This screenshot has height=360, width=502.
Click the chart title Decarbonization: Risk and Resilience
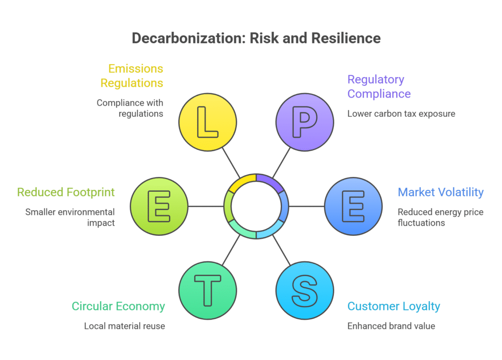(256, 39)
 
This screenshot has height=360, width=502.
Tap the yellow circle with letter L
(207, 121)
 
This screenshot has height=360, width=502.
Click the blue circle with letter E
(353, 206)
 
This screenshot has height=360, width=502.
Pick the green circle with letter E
(159, 206)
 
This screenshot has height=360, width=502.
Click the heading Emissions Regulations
(132, 76)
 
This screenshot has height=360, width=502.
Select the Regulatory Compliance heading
(378, 86)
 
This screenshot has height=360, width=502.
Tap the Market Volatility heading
(440, 192)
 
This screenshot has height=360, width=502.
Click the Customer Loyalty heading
(394, 307)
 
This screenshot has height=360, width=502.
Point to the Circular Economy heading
(118, 307)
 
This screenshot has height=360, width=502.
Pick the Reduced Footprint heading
(66, 192)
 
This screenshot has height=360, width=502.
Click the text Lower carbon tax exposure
(401, 114)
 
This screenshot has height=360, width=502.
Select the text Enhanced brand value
(391, 326)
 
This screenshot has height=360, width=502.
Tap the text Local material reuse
(125, 326)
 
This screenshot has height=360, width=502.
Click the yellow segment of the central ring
(241, 180)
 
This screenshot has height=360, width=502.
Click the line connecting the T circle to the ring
(231, 250)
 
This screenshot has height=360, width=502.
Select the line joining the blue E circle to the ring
(307, 206)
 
